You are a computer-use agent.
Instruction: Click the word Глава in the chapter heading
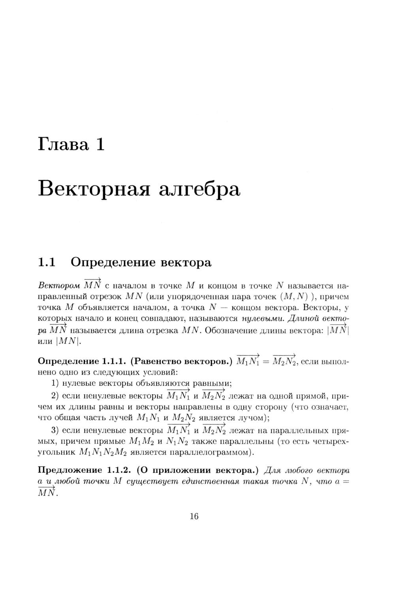point(63,144)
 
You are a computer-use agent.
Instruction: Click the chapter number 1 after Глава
point(100,144)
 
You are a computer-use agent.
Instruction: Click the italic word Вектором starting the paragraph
point(58,286)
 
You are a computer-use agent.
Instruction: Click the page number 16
point(194,516)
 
